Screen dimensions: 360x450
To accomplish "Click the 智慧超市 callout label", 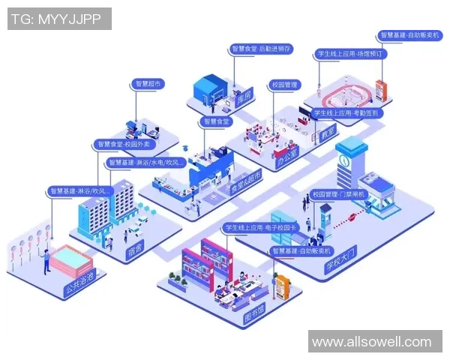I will pos(148,84).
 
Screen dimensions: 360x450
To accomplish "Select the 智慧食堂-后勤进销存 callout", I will pos(262,49).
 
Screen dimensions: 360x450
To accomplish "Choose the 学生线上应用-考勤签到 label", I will pos(346,113).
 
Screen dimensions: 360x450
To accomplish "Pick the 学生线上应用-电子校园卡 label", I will pos(259,227).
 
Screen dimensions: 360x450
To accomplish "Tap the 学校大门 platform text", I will pos(338,257).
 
